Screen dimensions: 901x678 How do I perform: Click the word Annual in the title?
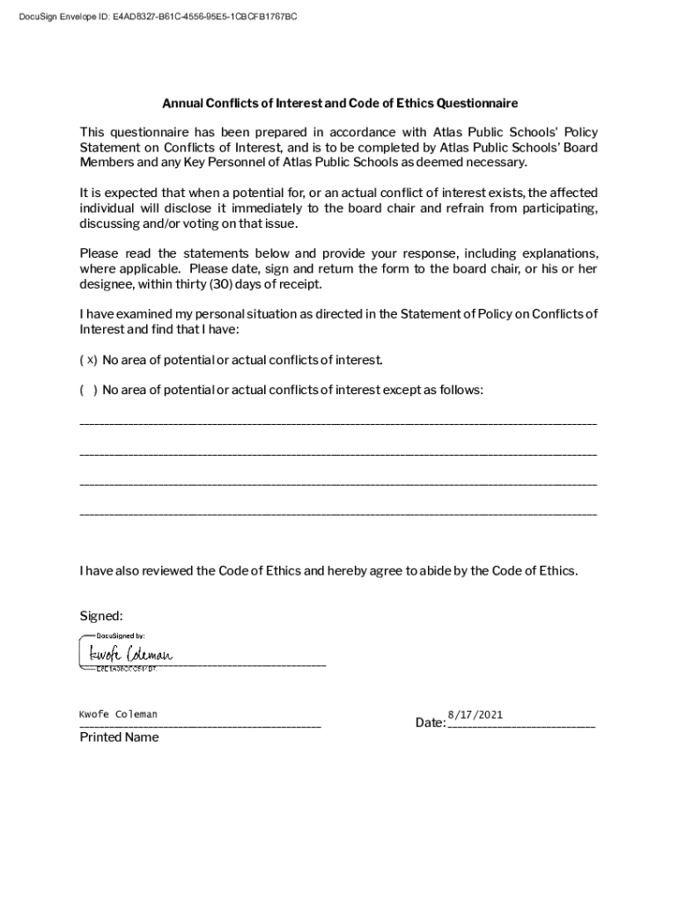pos(181,103)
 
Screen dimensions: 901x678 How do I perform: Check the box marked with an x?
pos(88,360)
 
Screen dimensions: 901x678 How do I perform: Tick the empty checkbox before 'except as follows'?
pos(88,390)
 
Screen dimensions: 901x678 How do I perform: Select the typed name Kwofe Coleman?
pos(118,714)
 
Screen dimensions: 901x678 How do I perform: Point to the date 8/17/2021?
pos(475,714)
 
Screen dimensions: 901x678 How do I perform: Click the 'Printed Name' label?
pos(119,737)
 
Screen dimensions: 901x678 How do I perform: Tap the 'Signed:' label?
pos(101,615)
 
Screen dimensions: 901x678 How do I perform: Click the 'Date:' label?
pos(430,723)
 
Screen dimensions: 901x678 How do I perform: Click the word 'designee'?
pos(107,284)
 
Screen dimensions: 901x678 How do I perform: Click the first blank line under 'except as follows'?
pos(338,425)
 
